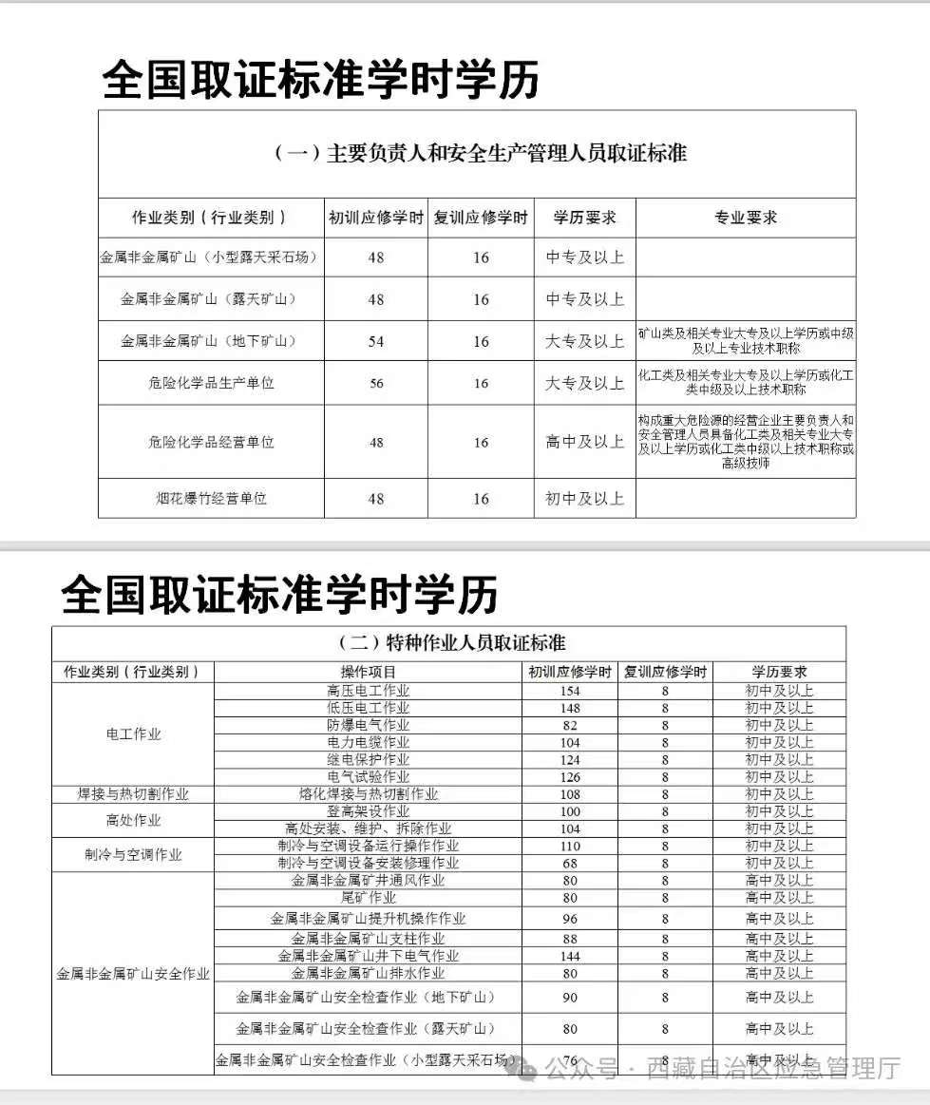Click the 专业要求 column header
coord(746,218)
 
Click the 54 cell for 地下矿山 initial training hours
coord(376,341)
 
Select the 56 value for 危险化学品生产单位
coord(376,383)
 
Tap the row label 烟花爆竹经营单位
coord(211,498)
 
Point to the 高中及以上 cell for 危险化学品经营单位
coord(584,442)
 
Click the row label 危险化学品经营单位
coord(211,442)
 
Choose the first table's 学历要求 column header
coord(584,218)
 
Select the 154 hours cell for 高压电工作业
coord(570,691)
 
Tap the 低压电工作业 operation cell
coord(369,708)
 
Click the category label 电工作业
coord(133,733)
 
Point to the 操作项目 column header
coord(369,672)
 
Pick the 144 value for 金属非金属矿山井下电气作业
coord(570,956)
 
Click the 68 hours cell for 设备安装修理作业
coord(570,863)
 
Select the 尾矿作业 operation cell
coord(369,897)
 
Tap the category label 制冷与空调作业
coord(133,854)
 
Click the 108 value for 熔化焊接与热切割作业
coord(570,793)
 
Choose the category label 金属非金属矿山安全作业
coord(133,974)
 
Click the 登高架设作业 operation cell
coord(369,810)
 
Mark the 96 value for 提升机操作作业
coord(570,919)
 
